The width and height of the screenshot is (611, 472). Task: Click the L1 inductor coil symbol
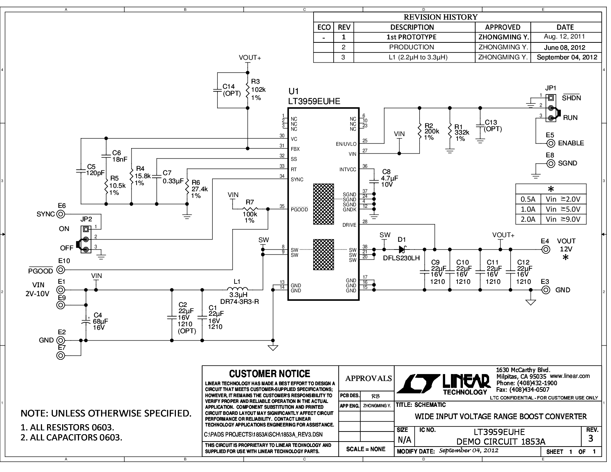(x=238, y=288)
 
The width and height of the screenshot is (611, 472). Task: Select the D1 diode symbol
(x=402, y=249)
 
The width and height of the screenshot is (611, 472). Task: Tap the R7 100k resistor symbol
(x=250, y=209)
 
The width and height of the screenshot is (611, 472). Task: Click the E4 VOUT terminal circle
(x=546, y=249)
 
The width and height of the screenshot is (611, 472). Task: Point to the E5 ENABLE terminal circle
(x=550, y=143)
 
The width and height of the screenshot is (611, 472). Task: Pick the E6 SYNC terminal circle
(x=61, y=214)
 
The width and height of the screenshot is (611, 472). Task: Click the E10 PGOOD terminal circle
(x=61, y=270)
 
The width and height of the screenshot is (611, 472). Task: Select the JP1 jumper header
(x=552, y=108)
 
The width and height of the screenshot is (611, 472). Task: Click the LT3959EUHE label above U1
(x=314, y=101)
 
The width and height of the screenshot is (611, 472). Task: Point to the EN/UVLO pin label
(x=346, y=144)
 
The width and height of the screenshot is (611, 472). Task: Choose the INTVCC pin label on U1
(x=348, y=170)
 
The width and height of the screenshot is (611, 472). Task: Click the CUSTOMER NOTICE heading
(x=270, y=374)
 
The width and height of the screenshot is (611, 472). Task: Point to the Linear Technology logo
(x=444, y=384)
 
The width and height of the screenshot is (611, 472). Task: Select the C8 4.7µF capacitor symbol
(x=374, y=181)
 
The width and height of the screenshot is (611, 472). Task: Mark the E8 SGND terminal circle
(x=550, y=164)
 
